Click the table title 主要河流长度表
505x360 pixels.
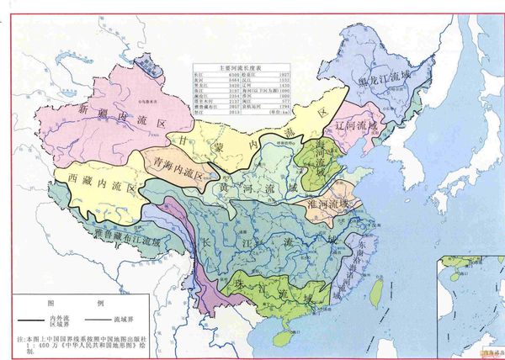[240, 68]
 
